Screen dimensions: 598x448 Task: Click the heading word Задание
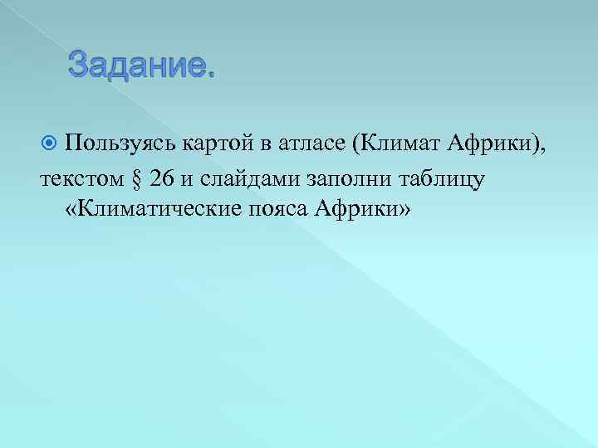[141, 65]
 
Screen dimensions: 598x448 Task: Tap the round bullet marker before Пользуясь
[48, 143]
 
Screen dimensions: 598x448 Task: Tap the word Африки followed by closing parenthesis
[496, 144]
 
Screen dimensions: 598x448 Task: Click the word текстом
[82, 179]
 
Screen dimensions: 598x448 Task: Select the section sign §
[137, 179]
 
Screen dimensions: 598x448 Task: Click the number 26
[162, 178]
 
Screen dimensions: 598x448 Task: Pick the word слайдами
[250, 178]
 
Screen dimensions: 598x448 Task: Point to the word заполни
[349, 179]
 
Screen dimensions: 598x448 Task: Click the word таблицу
[441, 179]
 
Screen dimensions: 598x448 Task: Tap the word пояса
[277, 210]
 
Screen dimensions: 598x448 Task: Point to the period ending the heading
[210, 76]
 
